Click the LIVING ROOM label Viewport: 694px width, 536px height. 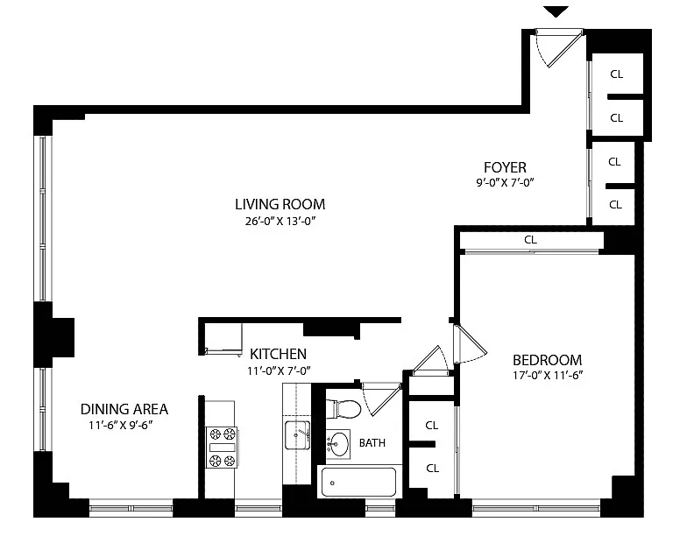coord(280,204)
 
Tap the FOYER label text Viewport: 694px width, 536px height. coord(505,167)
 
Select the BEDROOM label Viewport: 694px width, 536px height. coord(547,360)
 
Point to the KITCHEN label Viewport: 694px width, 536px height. coord(278,354)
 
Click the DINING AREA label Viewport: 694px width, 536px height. coord(124,409)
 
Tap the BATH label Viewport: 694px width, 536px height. coord(372,442)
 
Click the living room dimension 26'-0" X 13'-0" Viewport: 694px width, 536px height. coord(280,221)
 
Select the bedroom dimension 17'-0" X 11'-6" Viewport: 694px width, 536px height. coord(548,376)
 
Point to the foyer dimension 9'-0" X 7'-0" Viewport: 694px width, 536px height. coord(505,183)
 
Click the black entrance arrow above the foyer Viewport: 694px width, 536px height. coord(556,11)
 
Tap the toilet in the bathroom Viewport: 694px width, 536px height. coord(343,409)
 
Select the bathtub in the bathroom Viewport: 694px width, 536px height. coord(358,482)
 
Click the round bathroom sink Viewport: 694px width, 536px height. coord(338,443)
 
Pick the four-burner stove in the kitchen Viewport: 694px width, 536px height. coord(222,448)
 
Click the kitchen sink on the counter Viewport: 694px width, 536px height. coord(297,435)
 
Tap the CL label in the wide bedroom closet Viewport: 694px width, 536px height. coord(530,240)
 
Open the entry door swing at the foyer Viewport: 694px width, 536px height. coord(558,48)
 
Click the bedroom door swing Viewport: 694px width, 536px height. coord(470,344)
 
